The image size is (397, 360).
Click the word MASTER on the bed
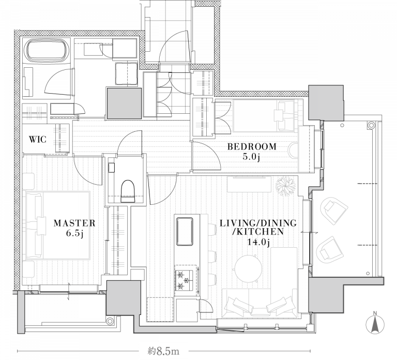pos(72,224)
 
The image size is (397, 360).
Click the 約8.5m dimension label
pos(163,351)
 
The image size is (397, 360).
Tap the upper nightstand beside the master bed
pos(28,181)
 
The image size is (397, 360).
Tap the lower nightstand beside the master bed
pos(28,269)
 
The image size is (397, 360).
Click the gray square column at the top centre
pos(124,103)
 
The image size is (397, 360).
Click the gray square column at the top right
pos(326,102)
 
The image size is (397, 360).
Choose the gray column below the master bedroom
pos(124,297)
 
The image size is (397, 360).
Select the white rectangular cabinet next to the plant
pos(249,184)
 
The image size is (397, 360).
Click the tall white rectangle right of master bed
pos(139,236)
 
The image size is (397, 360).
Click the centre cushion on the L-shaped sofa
pos(257,309)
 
